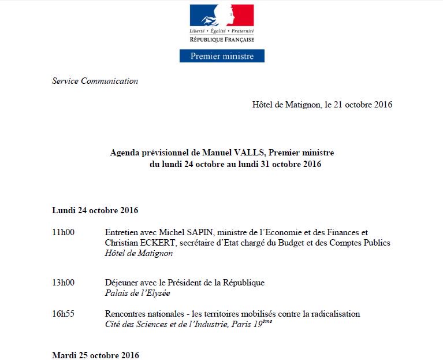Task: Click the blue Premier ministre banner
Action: [x=221, y=56]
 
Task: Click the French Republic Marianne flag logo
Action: [x=222, y=15]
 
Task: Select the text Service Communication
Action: [x=95, y=81]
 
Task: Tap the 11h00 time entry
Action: [x=64, y=232]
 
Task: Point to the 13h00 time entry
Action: [x=64, y=283]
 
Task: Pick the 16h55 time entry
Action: [x=64, y=314]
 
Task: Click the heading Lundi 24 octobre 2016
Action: [x=95, y=210]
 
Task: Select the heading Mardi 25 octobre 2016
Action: [x=95, y=354]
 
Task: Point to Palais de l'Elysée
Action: [x=137, y=293]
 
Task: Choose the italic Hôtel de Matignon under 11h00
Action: [x=139, y=253]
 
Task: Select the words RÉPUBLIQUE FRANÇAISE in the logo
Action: [x=222, y=39]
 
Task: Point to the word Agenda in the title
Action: [x=125, y=153]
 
